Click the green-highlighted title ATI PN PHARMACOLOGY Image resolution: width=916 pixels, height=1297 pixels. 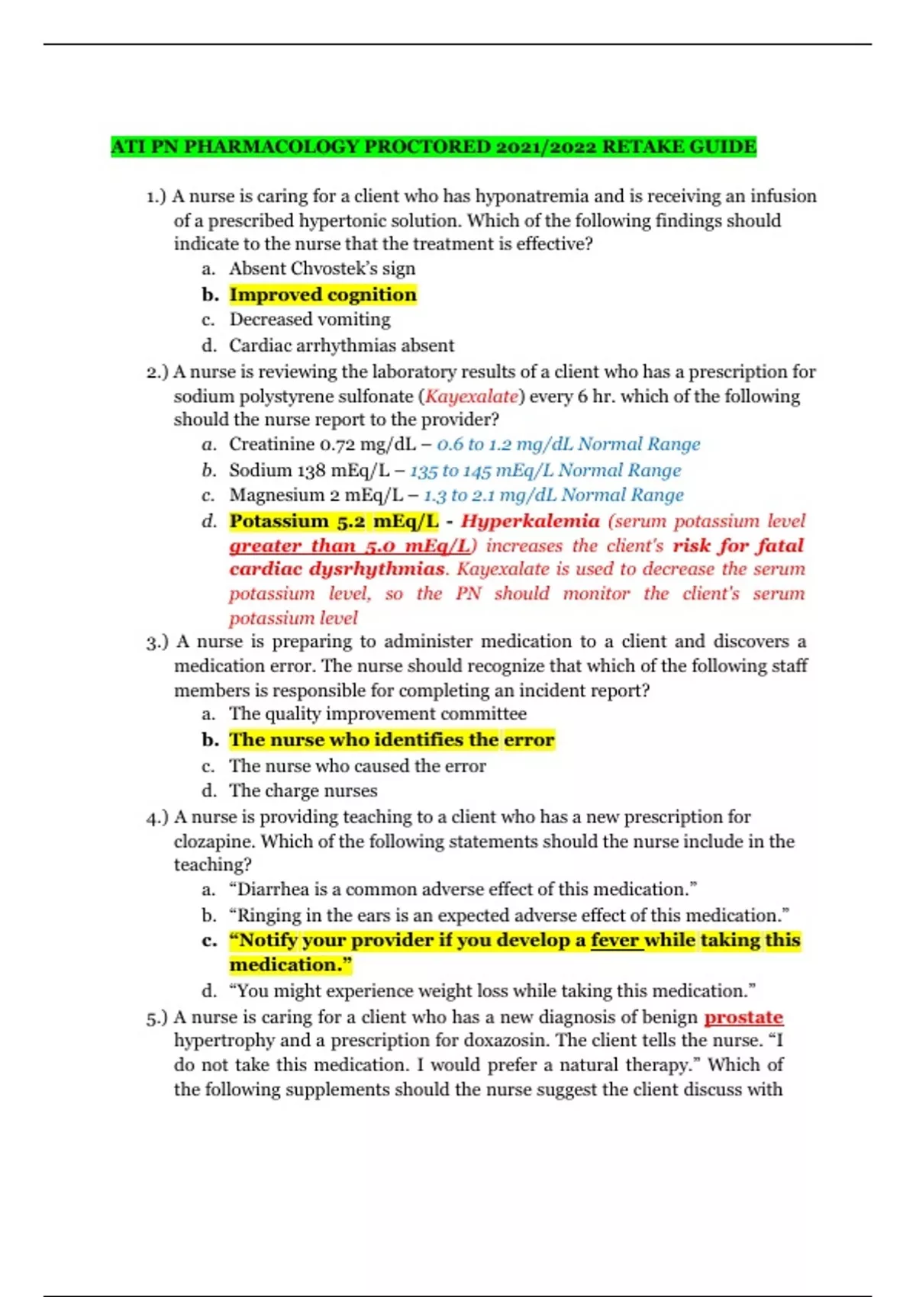tap(433, 146)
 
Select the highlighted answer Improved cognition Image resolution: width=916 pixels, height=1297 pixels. tap(323, 294)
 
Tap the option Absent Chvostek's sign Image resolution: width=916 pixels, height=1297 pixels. tap(322, 269)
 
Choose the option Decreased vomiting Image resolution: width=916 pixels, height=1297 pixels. tap(310, 319)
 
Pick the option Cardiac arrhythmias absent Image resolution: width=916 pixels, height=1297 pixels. tap(341, 346)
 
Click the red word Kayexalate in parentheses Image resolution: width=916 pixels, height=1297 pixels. tap(472, 396)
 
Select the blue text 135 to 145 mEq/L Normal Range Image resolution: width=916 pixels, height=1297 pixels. tap(545, 470)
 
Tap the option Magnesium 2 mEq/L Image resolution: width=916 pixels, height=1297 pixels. tap(316, 495)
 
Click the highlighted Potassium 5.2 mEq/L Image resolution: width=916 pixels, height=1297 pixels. tap(334, 521)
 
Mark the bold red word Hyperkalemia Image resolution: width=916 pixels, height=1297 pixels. tap(530, 521)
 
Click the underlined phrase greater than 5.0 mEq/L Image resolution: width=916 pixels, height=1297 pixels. tap(350, 546)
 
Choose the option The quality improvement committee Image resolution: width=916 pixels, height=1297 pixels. tap(378, 714)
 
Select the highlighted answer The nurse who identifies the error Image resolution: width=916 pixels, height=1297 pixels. tap(392, 740)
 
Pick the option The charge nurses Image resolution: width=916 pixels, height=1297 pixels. tap(303, 790)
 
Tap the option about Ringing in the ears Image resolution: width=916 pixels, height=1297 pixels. tap(508, 915)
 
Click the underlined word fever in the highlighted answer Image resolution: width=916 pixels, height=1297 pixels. tap(614, 940)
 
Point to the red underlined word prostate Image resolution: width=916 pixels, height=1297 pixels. tap(743, 1017)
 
